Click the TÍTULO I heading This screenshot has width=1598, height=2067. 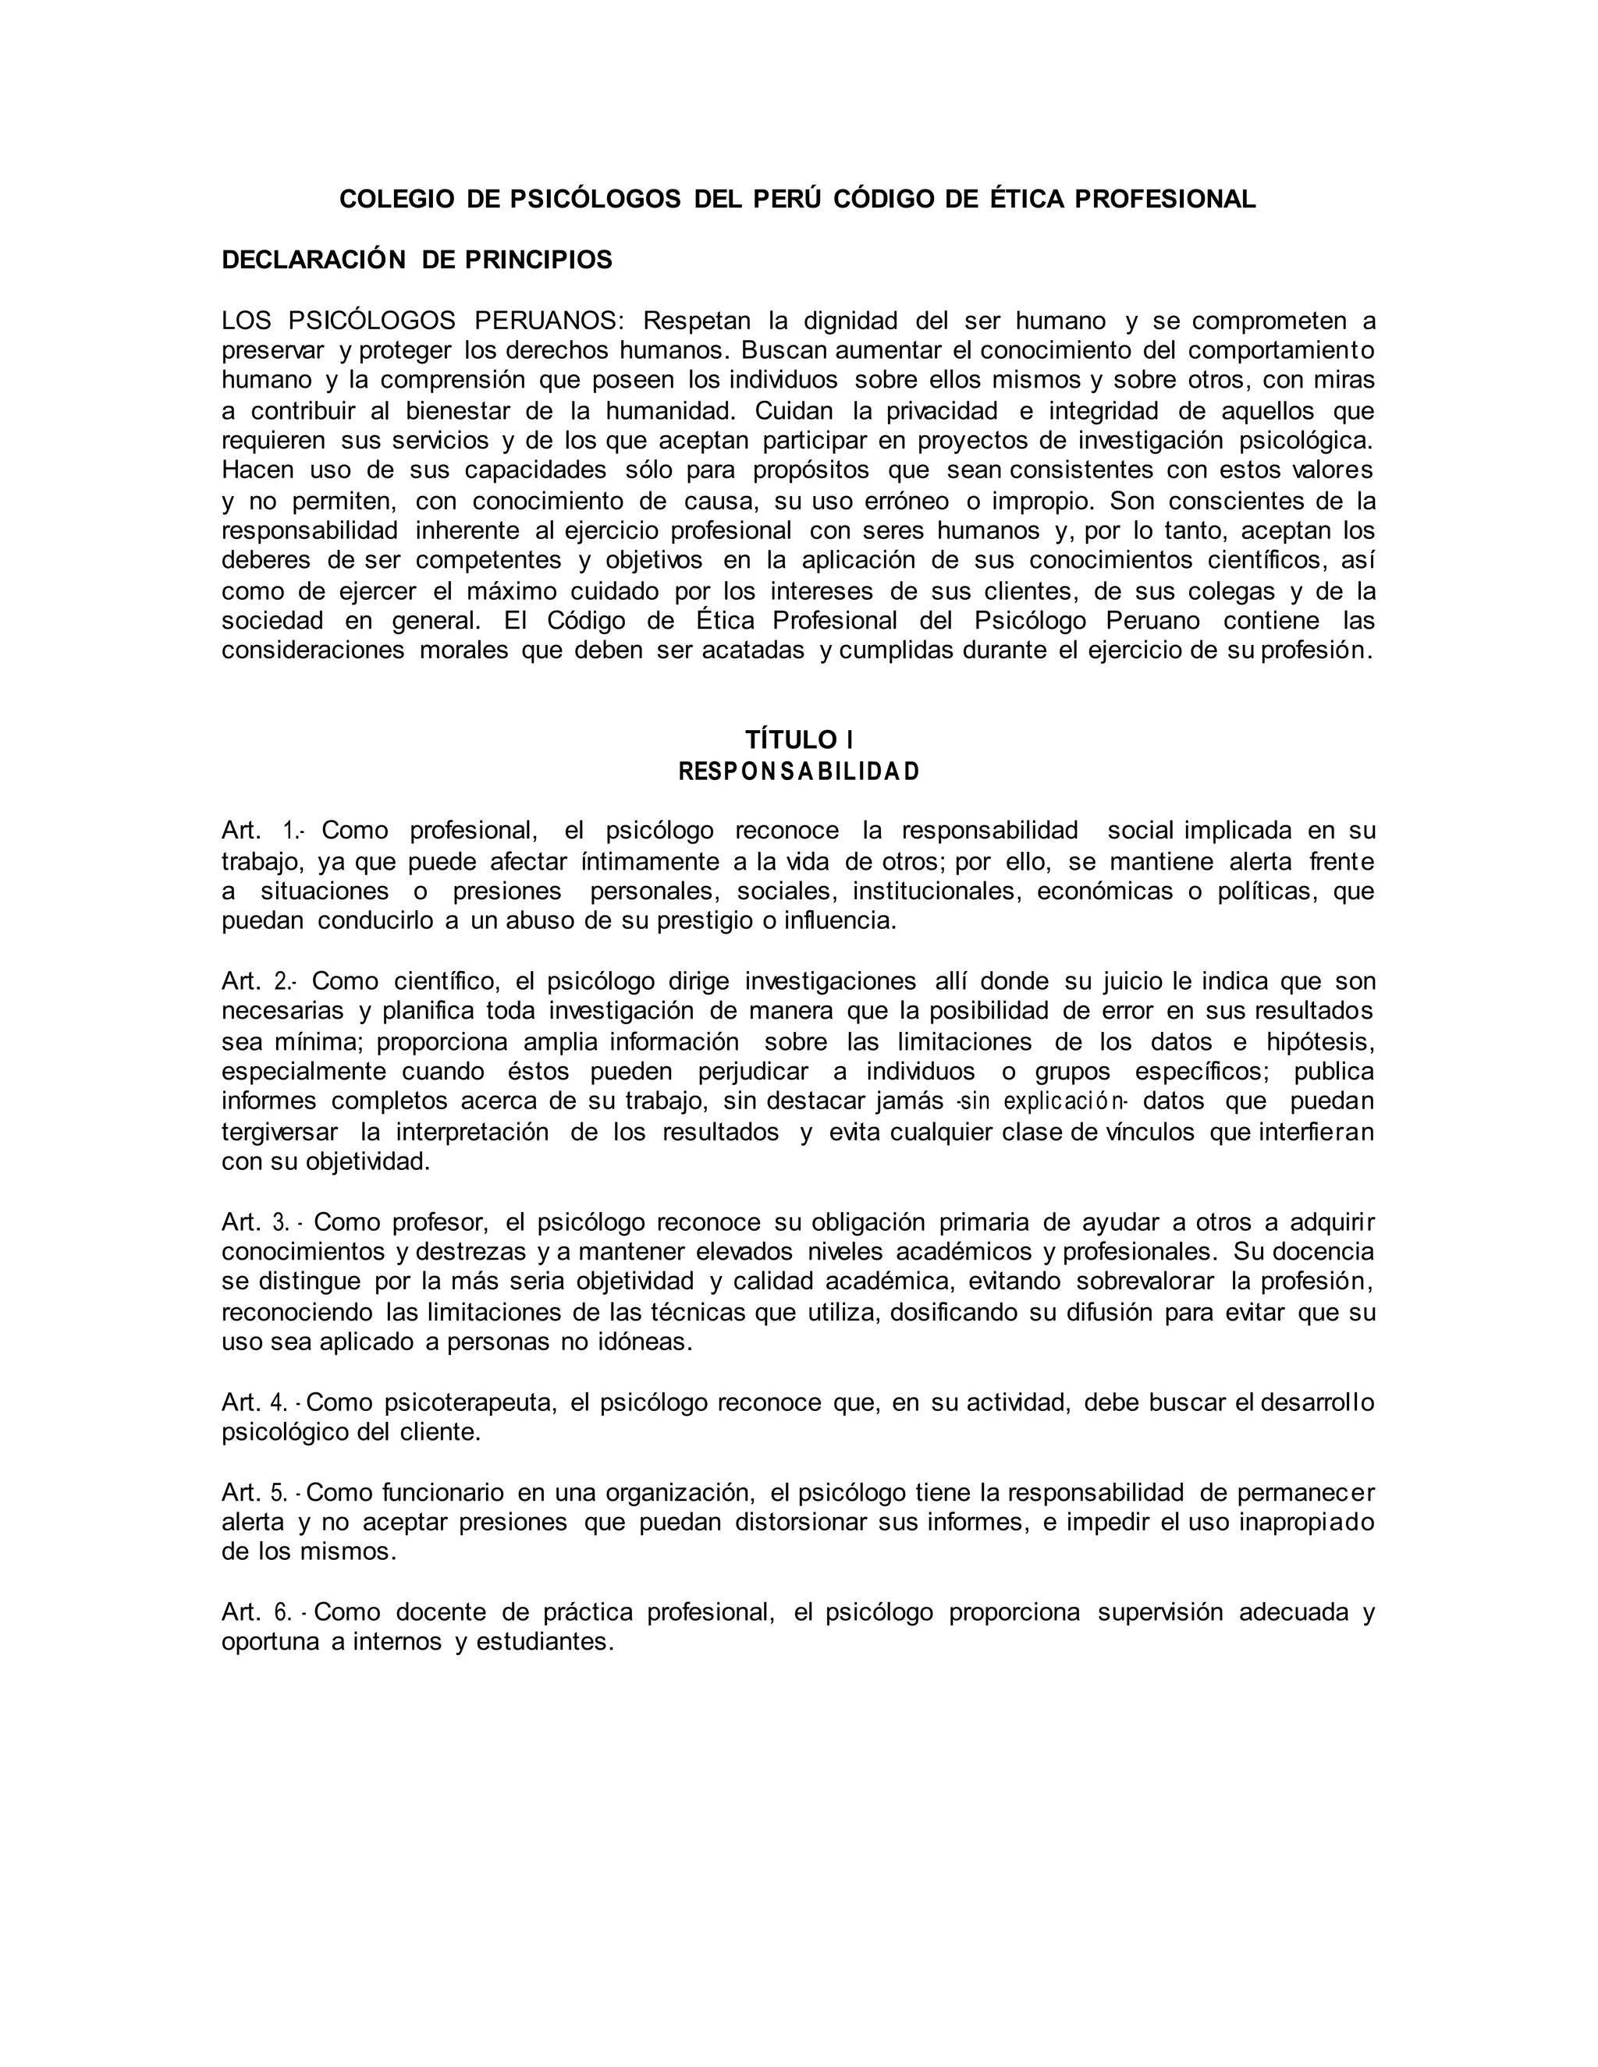799,739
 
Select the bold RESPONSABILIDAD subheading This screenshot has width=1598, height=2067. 799,771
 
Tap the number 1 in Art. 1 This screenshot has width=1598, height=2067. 289,831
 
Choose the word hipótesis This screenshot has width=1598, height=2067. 1319,1042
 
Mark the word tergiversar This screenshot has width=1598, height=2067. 279,1132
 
